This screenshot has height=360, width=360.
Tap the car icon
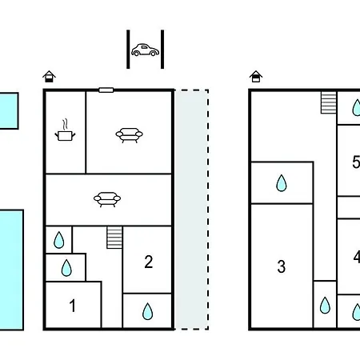point(145,50)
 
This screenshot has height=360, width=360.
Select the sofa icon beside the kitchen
point(129,135)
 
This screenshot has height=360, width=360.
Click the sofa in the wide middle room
point(107,199)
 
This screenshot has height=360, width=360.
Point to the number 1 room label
point(72,306)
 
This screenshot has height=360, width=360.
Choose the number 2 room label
point(149,262)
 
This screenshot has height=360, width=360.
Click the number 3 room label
point(282,266)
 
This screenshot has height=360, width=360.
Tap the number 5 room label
point(356,162)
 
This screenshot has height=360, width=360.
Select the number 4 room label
point(357,257)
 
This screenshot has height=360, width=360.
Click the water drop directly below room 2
point(147,311)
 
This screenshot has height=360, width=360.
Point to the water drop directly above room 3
point(282,183)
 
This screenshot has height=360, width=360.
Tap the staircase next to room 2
point(114,238)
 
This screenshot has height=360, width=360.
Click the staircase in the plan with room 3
point(329,102)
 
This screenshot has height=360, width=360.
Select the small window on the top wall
point(106,90)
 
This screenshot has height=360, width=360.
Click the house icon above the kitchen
point(49,77)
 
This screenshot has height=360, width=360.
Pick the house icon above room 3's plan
point(256,77)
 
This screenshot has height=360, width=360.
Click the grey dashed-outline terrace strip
point(192,210)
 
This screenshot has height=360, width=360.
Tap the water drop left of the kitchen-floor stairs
point(58,240)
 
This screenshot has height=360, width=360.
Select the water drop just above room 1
point(66,268)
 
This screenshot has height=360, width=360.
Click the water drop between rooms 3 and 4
point(325,305)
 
